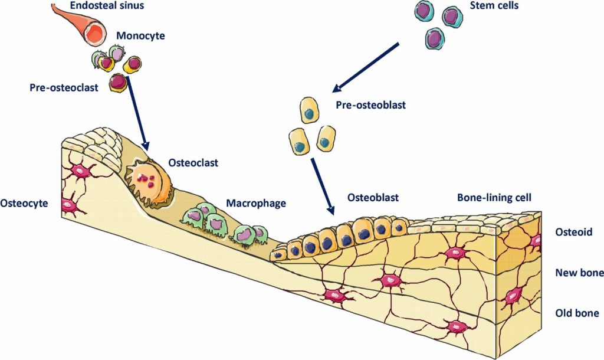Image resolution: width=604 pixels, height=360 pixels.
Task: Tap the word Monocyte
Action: click(x=140, y=36)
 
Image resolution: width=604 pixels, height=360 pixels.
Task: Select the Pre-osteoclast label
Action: click(x=64, y=87)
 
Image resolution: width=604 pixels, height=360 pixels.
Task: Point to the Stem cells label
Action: click(x=494, y=5)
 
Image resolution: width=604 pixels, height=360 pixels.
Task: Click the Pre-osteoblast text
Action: click(x=370, y=105)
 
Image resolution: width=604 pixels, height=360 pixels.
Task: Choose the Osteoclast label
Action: click(x=193, y=163)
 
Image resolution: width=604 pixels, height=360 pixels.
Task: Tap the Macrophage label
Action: click(x=256, y=203)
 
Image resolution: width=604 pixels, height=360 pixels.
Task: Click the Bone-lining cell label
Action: click(x=494, y=198)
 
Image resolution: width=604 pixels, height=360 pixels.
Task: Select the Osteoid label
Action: click(x=573, y=232)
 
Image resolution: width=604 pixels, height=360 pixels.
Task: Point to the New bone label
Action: click(x=579, y=273)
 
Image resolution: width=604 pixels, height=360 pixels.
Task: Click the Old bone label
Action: click(x=577, y=313)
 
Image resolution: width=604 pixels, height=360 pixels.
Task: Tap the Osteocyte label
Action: click(x=24, y=203)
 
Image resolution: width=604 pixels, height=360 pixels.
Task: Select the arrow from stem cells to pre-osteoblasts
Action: click(x=366, y=68)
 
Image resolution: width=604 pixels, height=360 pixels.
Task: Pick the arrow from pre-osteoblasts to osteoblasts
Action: click(x=323, y=186)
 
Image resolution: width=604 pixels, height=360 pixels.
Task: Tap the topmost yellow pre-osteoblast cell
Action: click(x=309, y=110)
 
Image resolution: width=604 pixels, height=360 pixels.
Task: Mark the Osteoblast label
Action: click(x=373, y=198)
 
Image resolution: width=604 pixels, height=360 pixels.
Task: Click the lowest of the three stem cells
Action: click(x=435, y=39)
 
